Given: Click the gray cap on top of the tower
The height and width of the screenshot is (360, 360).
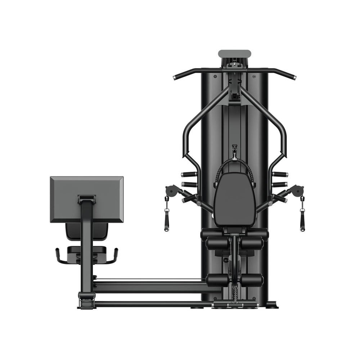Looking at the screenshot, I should pos(234,54).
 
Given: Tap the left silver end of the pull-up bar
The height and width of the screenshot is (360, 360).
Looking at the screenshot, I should pos(176,77).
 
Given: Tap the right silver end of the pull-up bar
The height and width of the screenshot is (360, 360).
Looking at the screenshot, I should pos(293,77).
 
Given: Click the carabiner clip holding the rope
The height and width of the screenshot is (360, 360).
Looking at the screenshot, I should pos(235,150).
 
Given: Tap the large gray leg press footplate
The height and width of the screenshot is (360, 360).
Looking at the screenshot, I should pos(86,199).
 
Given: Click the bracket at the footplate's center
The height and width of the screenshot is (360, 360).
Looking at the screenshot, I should pos(86,198).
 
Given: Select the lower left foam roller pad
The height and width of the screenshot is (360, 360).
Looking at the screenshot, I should pos(217,280).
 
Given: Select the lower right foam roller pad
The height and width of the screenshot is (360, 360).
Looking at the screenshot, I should pos(252,280).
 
